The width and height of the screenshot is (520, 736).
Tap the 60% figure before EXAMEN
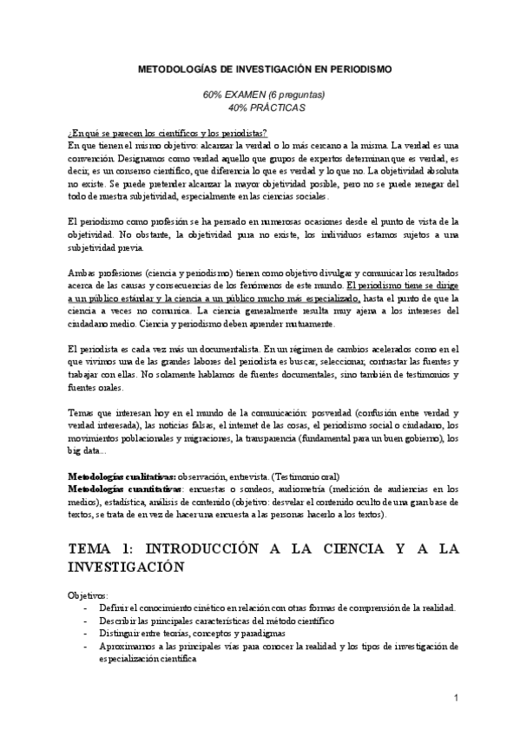(x=214, y=94)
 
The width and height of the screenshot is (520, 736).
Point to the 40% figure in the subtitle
(x=239, y=107)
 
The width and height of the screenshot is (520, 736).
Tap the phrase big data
(x=84, y=451)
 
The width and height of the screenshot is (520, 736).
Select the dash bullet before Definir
(x=84, y=608)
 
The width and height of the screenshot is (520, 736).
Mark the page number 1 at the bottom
(x=456, y=698)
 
